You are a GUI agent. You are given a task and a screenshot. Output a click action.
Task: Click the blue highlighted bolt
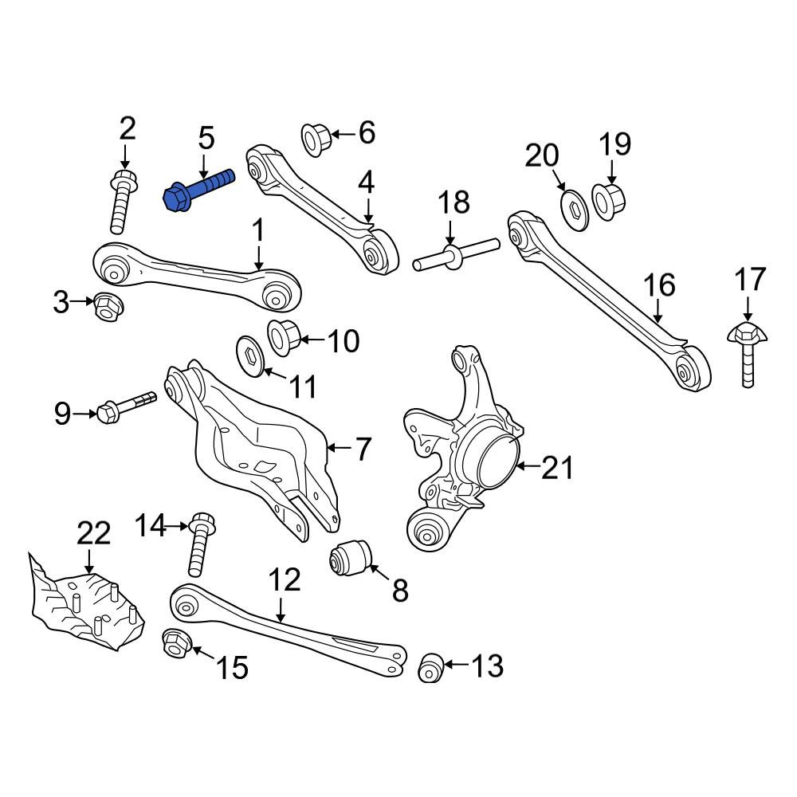coord(198,190)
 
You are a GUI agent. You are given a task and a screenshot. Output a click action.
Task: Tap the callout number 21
coord(557,467)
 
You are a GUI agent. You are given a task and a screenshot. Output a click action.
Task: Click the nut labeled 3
coord(108,306)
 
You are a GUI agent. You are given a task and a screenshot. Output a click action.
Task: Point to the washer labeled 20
coord(575,210)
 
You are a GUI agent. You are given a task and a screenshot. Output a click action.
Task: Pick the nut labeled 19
coord(608,202)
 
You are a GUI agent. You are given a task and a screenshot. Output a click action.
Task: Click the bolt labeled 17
coord(746,355)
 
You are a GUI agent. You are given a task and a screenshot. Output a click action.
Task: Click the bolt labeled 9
coord(127,406)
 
